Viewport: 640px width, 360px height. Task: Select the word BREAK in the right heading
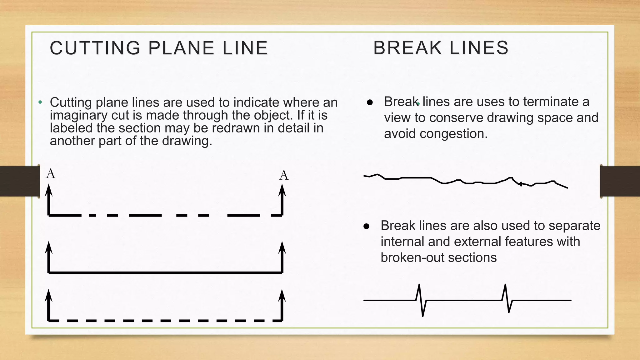tap(407, 48)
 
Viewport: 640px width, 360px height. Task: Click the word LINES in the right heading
tap(479, 48)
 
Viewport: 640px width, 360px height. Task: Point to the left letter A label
tap(51, 174)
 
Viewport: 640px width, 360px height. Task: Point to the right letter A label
tap(284, 176)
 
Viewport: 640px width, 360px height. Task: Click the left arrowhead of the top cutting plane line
tap(48, 190)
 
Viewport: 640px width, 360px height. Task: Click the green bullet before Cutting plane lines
tap(40, 102)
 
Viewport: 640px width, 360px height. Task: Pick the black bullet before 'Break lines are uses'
tap(370, 102)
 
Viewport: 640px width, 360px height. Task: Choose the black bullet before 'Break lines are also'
tap(367, 226)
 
